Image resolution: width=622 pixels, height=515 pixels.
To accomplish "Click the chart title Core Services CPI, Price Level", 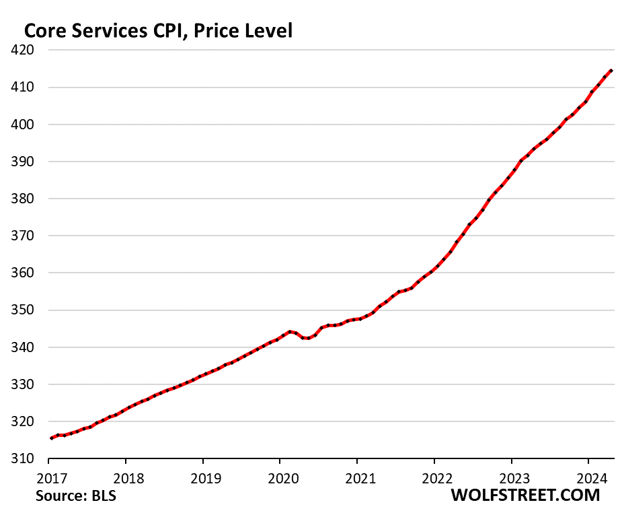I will click(158, 30).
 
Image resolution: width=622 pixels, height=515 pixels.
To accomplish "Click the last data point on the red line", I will click(611, 70).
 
